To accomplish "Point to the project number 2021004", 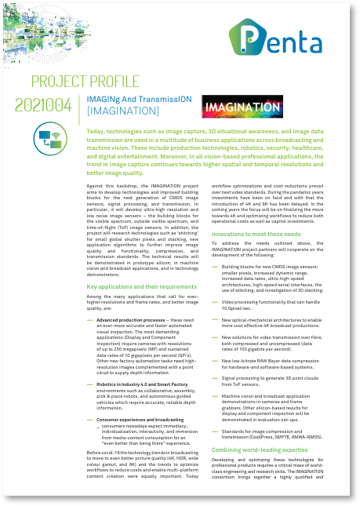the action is pyautogui.click(x=43, y=106).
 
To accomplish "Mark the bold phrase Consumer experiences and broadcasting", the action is pyautogui.click(x=139, y=420).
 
